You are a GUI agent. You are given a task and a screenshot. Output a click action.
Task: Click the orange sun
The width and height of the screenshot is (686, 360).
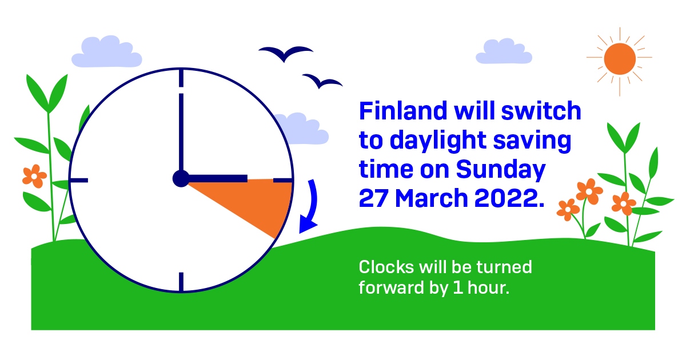coord(620,58)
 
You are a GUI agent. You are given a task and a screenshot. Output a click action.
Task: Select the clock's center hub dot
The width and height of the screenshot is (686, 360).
coord(181,179)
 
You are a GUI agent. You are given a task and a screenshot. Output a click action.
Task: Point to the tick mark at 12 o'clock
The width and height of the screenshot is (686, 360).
coord(181,78)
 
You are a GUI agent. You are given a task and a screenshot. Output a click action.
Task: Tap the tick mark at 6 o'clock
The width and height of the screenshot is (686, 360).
coord(181,282)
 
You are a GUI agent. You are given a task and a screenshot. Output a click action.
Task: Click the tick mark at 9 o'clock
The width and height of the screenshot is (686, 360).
coord(79,181)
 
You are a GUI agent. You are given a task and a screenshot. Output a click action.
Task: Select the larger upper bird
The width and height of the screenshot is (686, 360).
coord(285,53)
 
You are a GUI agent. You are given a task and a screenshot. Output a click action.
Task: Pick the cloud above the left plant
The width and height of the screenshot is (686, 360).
coord(106,52)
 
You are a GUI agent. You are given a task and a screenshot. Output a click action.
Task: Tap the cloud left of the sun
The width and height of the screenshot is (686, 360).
coord(504,51)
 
